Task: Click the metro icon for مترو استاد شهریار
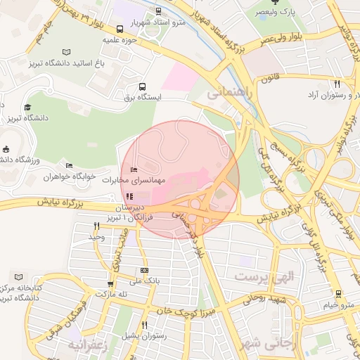[x=159, y=11]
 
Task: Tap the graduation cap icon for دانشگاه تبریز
[x=27, y=108]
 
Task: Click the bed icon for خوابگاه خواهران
[x=68, y=166]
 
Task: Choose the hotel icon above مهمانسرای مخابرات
[x=134, y=169]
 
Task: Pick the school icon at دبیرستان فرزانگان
[x=128, y=196]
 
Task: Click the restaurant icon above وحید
[x=96, y=226]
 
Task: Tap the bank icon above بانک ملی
[x=144, y=270]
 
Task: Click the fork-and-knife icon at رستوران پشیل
[x=143, y=325]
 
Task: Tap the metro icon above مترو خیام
[x=338, y=294]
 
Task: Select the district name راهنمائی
[x=226, y=91]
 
